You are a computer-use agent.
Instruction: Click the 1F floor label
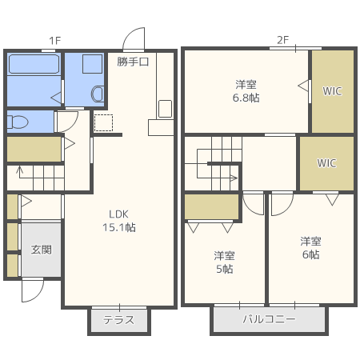point(55,41)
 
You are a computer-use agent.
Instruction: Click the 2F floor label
point(282,40)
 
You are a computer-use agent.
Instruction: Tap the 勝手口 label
point(133,62)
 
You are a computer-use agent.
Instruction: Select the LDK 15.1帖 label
point(119,221)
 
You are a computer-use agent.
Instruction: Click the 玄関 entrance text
point(42,250)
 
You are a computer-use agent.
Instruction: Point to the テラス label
point(119,320)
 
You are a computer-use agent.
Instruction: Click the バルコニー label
point(269,319)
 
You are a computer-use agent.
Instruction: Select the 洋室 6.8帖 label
point(246,91)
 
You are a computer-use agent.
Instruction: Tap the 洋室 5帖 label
point(224,262)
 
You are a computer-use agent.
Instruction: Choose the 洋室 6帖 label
point(310,248)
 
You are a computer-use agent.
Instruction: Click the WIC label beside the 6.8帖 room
point(332,91)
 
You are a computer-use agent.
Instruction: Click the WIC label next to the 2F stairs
point(326,163)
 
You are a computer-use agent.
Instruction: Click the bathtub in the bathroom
point(34,64)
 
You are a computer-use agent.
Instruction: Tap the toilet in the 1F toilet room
point(18,122)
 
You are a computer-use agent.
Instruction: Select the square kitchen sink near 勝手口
point(165,109)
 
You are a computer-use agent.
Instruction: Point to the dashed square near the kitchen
point(103,122)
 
